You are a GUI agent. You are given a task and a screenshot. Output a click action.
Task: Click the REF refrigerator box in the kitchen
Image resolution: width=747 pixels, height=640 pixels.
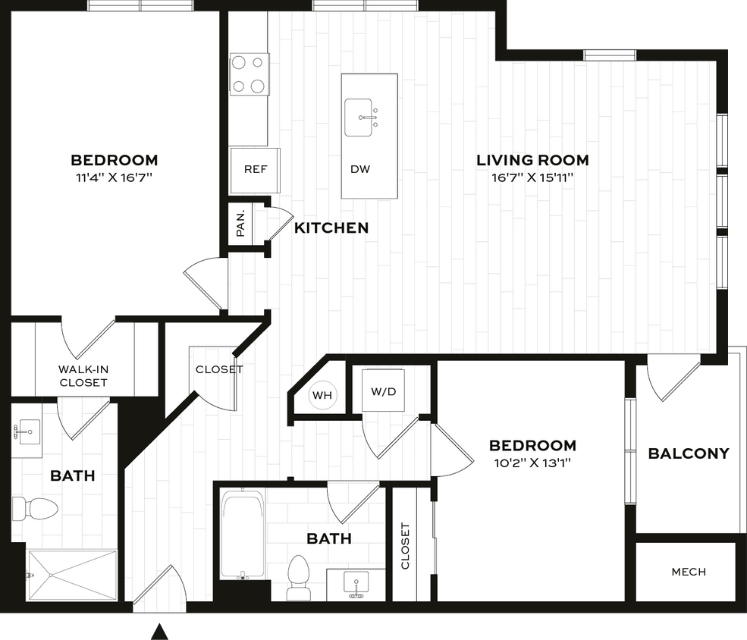point(255,169)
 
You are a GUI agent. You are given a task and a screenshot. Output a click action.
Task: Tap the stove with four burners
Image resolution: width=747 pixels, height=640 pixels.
point(249,74)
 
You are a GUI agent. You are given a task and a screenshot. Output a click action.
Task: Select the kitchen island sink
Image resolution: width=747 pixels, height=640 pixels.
point(362,118)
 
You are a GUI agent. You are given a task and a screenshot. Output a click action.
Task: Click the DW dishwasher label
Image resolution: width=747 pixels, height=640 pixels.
point(360,169)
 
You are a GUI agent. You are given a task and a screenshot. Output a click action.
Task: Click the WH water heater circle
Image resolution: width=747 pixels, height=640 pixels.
point(322,394)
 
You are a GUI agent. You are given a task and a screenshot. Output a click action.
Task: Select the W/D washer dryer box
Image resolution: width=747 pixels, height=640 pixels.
point(382,391)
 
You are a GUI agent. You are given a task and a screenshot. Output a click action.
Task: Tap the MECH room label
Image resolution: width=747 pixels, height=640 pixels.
point(688,572)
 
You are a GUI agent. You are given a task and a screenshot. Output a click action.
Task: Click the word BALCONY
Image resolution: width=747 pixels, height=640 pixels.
point(688,453)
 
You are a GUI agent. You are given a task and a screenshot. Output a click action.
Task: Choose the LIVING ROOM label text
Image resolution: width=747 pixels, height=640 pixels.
point(532,160)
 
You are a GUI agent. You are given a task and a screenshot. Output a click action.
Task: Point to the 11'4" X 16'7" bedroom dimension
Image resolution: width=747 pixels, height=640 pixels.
point(115,178)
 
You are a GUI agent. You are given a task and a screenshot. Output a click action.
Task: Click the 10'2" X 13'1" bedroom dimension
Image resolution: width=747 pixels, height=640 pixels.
point(532,463)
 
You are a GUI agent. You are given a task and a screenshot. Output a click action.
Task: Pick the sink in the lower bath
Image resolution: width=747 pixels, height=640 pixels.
point(355,584)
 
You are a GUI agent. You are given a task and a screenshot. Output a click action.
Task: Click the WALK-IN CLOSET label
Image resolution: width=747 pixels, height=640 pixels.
point(83,376)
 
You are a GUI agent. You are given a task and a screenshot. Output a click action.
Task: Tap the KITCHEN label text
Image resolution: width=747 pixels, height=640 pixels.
point(331,227)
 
